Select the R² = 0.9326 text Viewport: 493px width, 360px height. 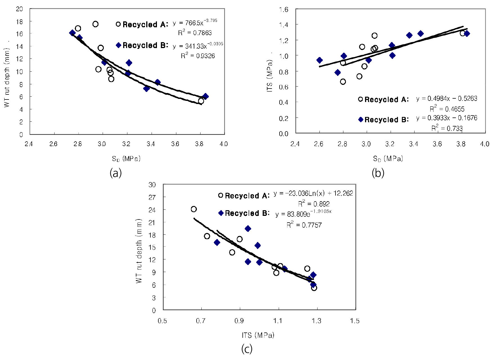click(198, 56)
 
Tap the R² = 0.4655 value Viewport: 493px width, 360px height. click(447, 109)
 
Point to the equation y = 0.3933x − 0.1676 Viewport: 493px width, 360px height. click(447, 118)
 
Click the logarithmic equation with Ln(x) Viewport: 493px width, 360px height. click(313, 193)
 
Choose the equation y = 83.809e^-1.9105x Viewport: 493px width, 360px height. click(303, 214)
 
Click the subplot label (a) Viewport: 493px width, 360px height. click(116, 173)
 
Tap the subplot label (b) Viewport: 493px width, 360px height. click(378, 173)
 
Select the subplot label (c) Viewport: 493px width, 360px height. click(247, 349)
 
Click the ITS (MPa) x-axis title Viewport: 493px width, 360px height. click(258, 335)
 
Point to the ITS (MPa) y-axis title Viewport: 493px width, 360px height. click(269, 76)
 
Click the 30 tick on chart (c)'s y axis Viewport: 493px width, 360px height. click(152, 185)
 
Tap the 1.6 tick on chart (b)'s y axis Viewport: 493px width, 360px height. click(283, 10)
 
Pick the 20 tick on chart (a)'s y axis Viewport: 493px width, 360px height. click(19, 9)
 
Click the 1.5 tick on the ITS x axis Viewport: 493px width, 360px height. click(355, 321)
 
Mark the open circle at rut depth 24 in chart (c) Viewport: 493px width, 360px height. click(194, 209)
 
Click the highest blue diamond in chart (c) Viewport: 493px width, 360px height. click(248, 228)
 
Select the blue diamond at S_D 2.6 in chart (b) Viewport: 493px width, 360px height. click(319, 60)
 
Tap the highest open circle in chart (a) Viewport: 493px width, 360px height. click(95, 24)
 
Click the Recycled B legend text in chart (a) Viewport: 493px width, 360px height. click(145, 45)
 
